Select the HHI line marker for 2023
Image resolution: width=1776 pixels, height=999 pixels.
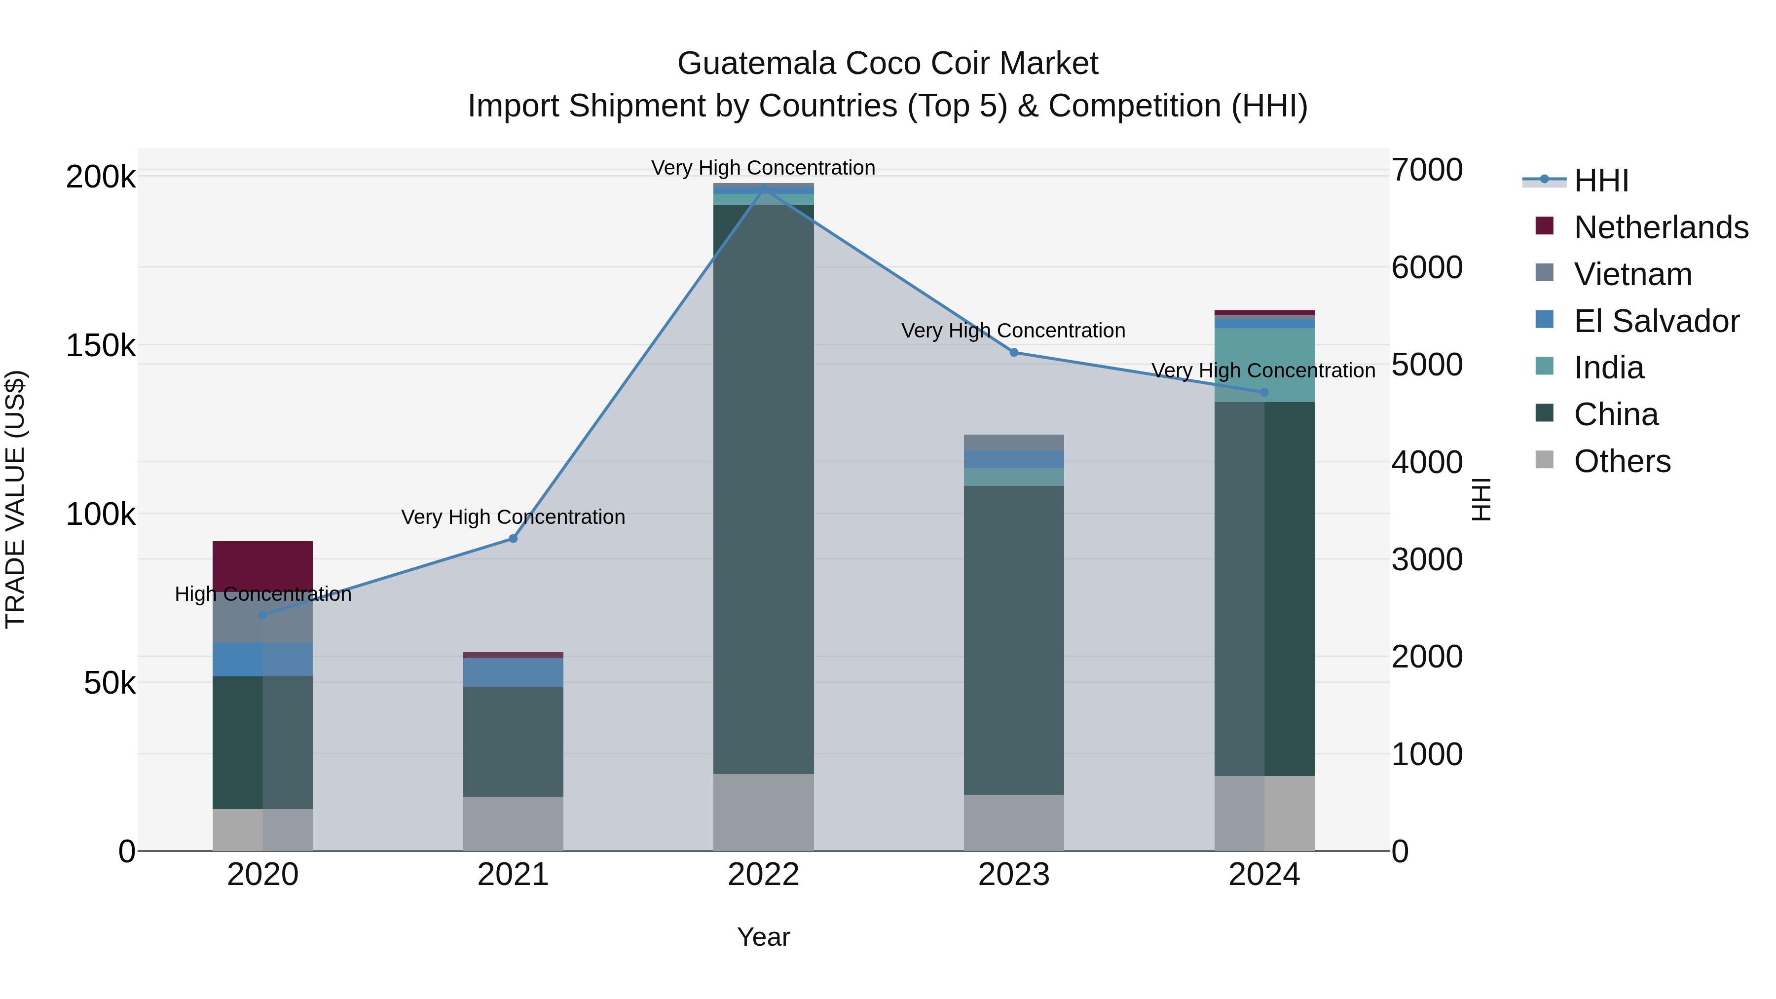tap(1013, 352)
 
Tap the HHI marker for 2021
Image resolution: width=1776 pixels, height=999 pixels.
tap(513, 538)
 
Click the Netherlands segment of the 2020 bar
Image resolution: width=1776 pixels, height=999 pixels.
tap(262, 565)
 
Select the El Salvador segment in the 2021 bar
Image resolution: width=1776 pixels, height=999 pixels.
tap(513, 672)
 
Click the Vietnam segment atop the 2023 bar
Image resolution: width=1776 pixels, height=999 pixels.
tap(1013, 442)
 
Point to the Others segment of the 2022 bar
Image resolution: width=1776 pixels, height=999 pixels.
tap(763, 812)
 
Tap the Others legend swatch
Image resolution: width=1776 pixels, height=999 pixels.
tap(1544, 460)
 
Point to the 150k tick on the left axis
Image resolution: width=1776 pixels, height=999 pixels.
tap(101, 345)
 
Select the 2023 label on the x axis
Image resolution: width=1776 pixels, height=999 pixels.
tap(1013, 875)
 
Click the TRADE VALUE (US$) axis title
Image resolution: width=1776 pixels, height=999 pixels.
tap(15, 499)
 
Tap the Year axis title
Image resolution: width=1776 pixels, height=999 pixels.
tap(763, 937)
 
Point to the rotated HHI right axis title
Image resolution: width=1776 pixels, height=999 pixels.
tap(1480, 499)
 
